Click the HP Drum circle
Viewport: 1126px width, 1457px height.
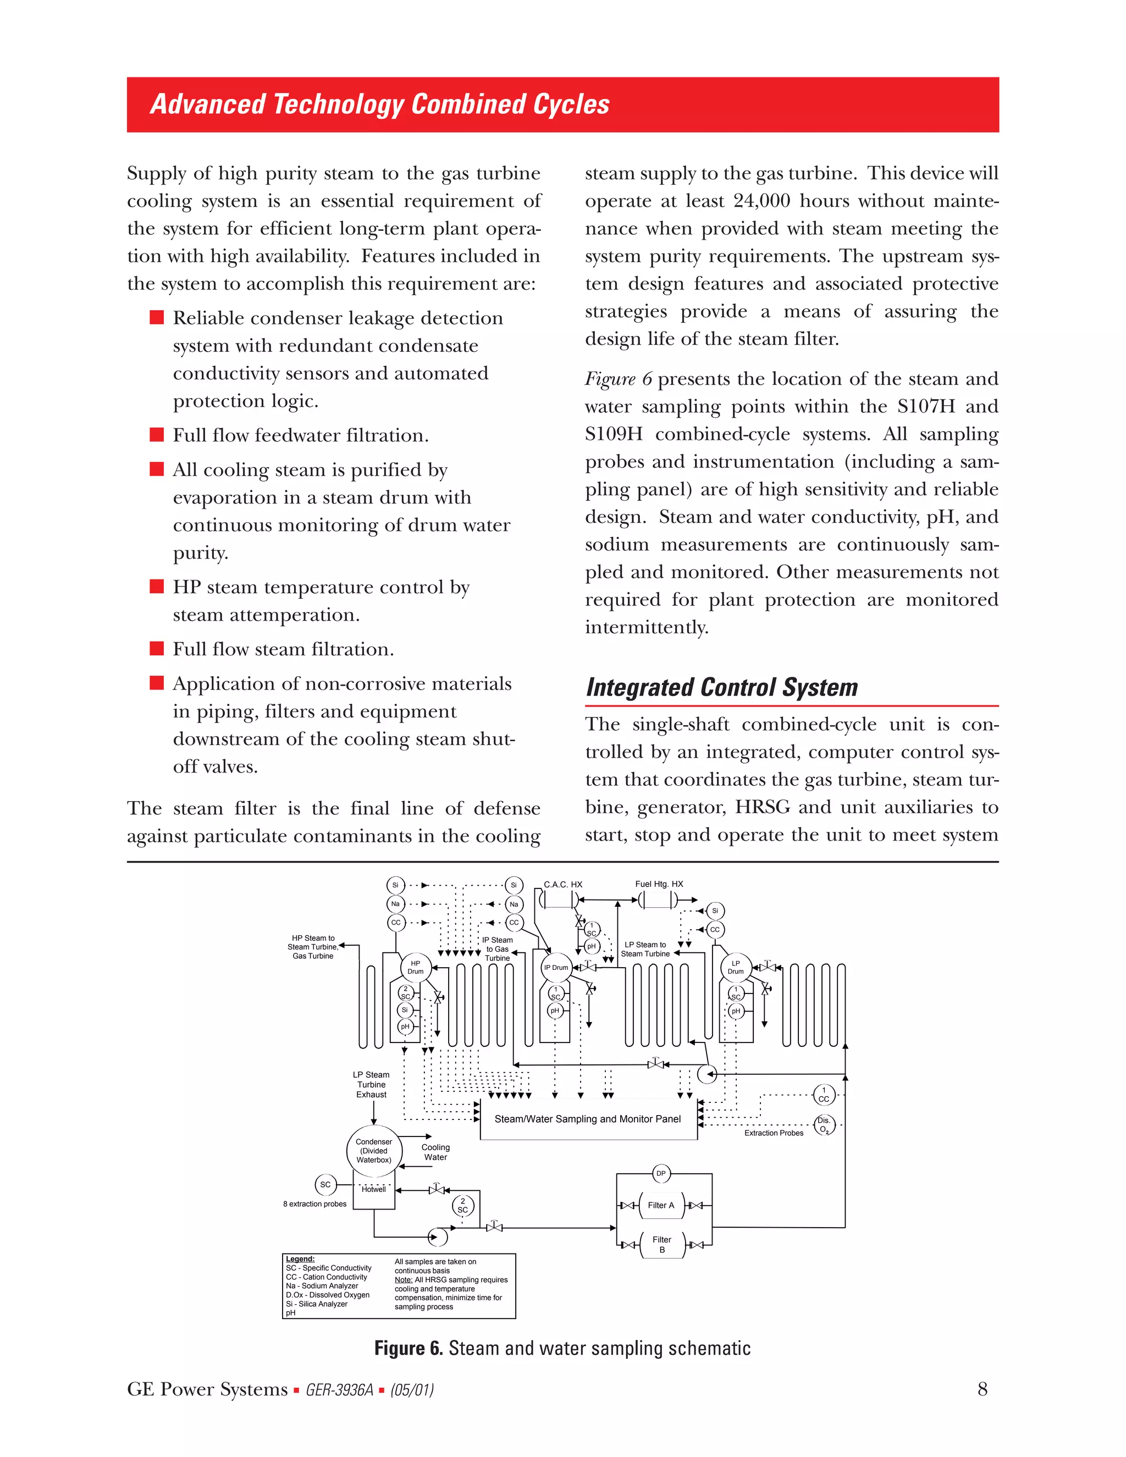point(416,967)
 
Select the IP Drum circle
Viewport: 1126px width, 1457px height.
point(556,967)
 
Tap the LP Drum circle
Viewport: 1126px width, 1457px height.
point(736,967)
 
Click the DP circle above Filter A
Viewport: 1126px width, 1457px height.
point(660,1173)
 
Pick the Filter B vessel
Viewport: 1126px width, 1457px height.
point(662,1244)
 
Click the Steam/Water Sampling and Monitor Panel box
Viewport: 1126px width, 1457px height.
point(588,1119)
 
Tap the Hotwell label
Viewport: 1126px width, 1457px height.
point(373,1189)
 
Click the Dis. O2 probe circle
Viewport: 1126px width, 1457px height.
point(825,1125)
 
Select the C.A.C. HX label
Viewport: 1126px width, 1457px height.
point(563,885)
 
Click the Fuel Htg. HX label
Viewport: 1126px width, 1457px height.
point(659,884)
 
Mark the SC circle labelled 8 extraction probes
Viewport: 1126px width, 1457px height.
point(325,1185)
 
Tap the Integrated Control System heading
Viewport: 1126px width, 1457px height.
point(722,688)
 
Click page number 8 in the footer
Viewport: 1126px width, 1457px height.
point(982,1389)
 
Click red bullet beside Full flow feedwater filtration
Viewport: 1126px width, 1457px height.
point(157,435)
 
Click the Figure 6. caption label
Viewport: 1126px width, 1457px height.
point(409,1348)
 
